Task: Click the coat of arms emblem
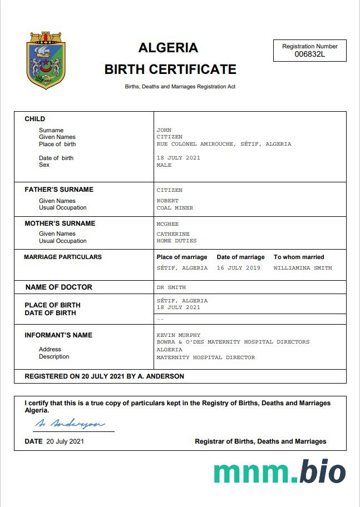(x=46, y=61)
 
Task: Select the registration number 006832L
(x=310, y=54)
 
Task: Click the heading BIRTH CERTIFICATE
(x=170, y=69)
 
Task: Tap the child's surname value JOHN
(x=164, y=130)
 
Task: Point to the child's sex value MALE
(x=164, y=165)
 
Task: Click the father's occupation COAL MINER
(x=175, y=208)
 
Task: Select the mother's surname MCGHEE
(x=167, y=224)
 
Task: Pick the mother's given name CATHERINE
(x=173, y=234)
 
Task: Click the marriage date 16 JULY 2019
(x=239, y=268)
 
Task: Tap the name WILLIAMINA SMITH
(x=303, y=268)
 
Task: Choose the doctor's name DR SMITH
(x=171, y=287)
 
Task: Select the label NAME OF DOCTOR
(x=59, y=287)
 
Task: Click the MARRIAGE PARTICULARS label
(x=63, y=257)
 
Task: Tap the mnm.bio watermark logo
(x=279, y=472)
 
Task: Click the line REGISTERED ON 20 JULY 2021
(x=104, y=376)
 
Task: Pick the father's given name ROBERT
(x=167, y=201)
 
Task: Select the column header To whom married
(x=299, y=257)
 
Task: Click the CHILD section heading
(x=35, y=119)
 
